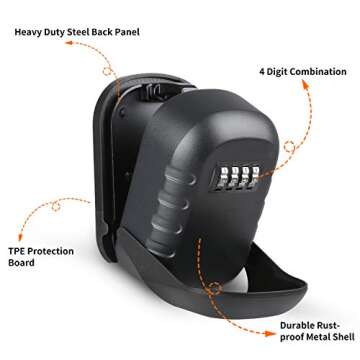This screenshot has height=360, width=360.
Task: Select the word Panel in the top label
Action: click(150, 31)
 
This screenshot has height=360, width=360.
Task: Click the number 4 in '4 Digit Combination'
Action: click(262, 71)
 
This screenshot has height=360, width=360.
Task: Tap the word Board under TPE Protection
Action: click(21, 263)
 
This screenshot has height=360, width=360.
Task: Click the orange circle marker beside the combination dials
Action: click(290, 147)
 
